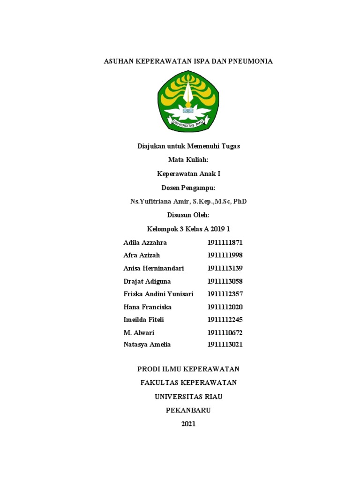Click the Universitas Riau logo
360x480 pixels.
[188, 101]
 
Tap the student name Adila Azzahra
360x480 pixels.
[145, 243]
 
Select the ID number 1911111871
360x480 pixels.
[225, 243]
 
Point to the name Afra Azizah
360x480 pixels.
[142, 255]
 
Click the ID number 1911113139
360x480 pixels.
[225, 268]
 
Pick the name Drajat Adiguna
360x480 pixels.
[147, 281]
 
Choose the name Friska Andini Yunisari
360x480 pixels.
[158, 294]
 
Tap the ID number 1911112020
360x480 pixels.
[225, 307]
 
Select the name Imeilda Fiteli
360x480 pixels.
[143, 320]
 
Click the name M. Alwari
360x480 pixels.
[139, 333]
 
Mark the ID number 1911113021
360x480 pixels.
[225, 345]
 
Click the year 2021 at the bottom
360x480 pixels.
[188, 424]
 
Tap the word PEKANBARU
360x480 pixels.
[188, 410]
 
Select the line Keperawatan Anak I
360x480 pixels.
[188, 174]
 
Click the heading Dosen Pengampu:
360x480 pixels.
[188, 187]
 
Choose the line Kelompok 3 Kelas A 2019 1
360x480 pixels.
[188, 229]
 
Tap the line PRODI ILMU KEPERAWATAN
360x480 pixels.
[188, 369]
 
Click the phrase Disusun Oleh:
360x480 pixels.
[188, 215]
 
